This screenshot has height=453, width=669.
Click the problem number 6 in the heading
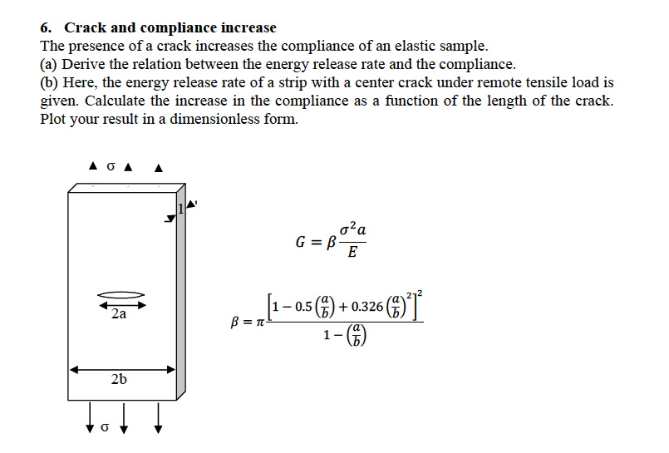[x=45, y=28]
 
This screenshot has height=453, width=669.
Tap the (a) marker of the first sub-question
[x=49, y=64]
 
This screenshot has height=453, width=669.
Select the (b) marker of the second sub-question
[x=49, y=82]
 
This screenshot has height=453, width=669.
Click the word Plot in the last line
[x=54, y=119]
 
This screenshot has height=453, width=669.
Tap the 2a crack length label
[x=119, y=314]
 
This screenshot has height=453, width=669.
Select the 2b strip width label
[x=119, y=379]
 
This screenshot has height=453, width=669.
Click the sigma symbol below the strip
[x=104, y=428]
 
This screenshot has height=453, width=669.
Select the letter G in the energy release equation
[x=303, y=243]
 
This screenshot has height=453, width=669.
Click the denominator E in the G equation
[x=352, y=254]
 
